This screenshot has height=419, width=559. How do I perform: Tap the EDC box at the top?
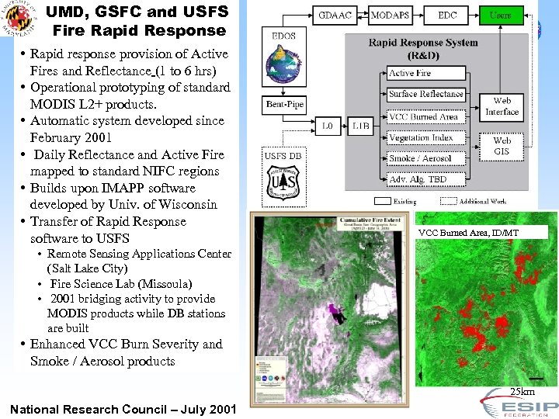447,15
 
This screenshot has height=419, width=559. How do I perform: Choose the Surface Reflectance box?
426,94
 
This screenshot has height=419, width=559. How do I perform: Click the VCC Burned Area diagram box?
424,116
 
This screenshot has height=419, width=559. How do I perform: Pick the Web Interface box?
502,106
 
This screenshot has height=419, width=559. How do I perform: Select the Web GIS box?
502,146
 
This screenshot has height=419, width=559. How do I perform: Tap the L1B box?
361,125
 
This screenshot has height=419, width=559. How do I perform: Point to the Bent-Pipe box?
284,104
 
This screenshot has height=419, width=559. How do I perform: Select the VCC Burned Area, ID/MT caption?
468,233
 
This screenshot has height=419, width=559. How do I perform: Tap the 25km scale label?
522,392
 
